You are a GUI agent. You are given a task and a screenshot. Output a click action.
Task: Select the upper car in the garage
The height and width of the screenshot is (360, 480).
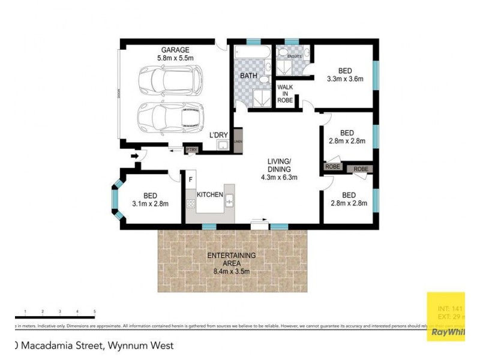[172, 80]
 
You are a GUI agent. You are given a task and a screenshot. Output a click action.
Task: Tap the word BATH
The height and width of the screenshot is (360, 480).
[248, 76]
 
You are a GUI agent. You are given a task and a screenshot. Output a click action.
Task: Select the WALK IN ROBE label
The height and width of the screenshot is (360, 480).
[285, 94]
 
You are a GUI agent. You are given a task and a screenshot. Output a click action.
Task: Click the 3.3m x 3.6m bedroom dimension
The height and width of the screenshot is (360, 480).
[345, 79]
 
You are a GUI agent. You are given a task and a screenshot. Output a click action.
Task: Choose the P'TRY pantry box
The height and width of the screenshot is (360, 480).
[191, 149]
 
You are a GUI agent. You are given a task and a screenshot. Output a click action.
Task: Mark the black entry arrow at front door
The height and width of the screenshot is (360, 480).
[135, 157]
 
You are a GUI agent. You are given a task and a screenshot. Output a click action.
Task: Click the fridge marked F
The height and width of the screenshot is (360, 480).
[191, 179]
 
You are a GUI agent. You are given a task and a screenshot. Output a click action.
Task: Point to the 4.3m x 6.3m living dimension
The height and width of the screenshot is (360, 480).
[280, 178]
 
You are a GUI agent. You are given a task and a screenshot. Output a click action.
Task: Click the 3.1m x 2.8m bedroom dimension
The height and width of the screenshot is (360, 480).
[150, 204]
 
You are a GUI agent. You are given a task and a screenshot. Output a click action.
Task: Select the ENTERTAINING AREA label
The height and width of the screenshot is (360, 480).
[231, 256]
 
